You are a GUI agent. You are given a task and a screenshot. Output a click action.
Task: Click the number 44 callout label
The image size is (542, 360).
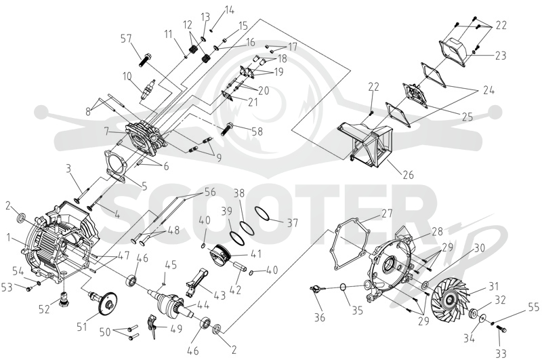203,304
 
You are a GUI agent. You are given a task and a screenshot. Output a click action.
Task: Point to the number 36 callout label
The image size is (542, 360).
320,317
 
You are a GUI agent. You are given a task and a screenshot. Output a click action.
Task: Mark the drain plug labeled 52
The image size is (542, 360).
63,298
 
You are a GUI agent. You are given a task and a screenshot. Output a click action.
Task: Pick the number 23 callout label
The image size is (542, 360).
499,56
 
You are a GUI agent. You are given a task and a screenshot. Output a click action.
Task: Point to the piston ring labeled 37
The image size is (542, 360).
262,213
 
